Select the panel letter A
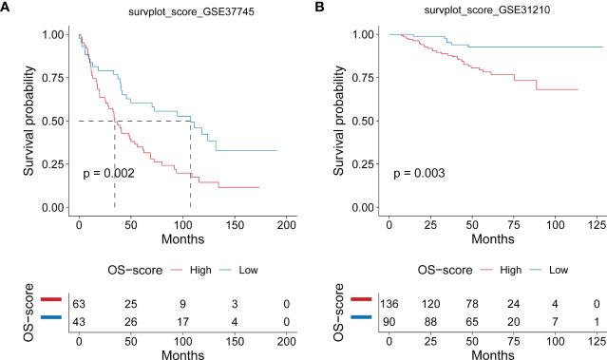[7, 9]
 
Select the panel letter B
[319, 9]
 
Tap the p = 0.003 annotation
[419, 174]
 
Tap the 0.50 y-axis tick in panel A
[54, 121]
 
